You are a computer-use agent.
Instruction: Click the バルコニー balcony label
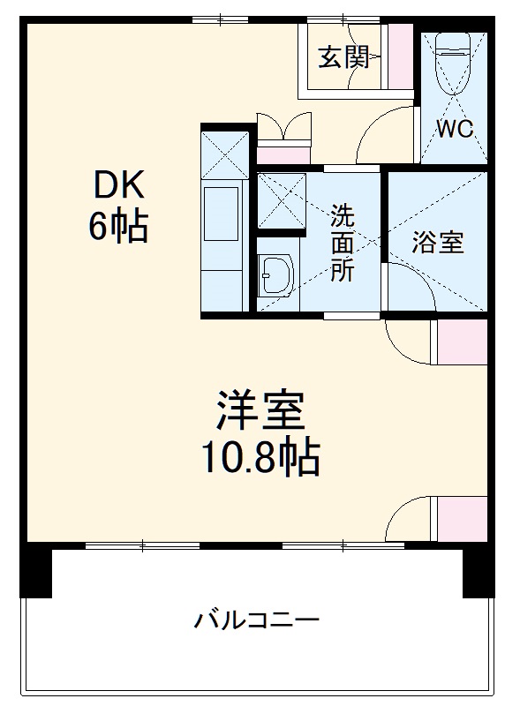click(x=257, y=620)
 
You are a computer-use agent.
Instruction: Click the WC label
click(x=456, y=128)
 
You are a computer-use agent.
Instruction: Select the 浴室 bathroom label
click(x=437, y=243)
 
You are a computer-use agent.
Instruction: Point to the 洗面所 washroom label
click(x=343, y=243)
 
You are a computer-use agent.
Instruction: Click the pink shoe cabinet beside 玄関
click(x=400, y=56)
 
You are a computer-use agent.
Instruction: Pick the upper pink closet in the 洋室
click(x=463, y=342)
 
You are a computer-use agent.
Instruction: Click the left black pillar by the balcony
click(x=36, y=571)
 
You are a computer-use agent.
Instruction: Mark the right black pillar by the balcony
click(x=477, y=571)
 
